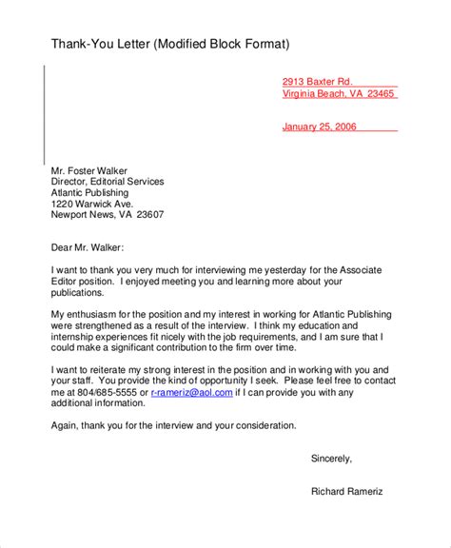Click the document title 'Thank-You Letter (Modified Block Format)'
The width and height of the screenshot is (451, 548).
tap(169, 44)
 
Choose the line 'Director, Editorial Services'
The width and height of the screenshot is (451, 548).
tap(107, 181)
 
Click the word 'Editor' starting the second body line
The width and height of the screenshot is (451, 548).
tap(65, 283)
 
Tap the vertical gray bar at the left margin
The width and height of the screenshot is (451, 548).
tap(43, 114)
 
